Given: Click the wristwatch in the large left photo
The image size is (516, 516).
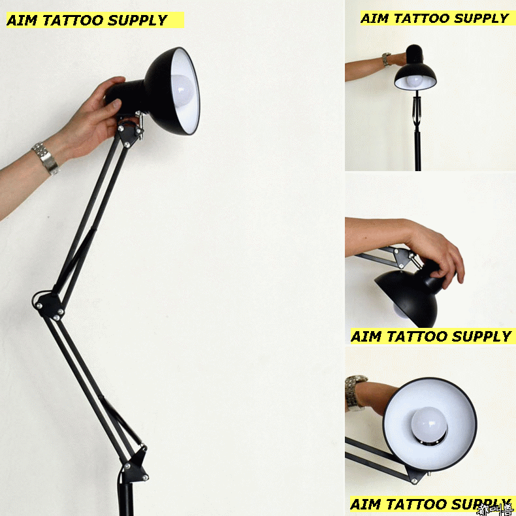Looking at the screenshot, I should pyautogui.click(x=46, y=159).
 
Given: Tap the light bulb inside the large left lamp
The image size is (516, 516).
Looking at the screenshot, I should pyautogui.click(x=182, y=90).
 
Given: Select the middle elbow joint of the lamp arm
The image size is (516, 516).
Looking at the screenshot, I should pyautogui.click(x=50, y=304).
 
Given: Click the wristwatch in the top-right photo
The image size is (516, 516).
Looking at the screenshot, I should pyautogui.click(x=386, y=59).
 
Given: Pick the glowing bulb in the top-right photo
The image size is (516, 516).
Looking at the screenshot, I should pyautogui.click(x=413, y=81).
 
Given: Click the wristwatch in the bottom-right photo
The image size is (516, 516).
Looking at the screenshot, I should pyautogui.click(x=355, y=391).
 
